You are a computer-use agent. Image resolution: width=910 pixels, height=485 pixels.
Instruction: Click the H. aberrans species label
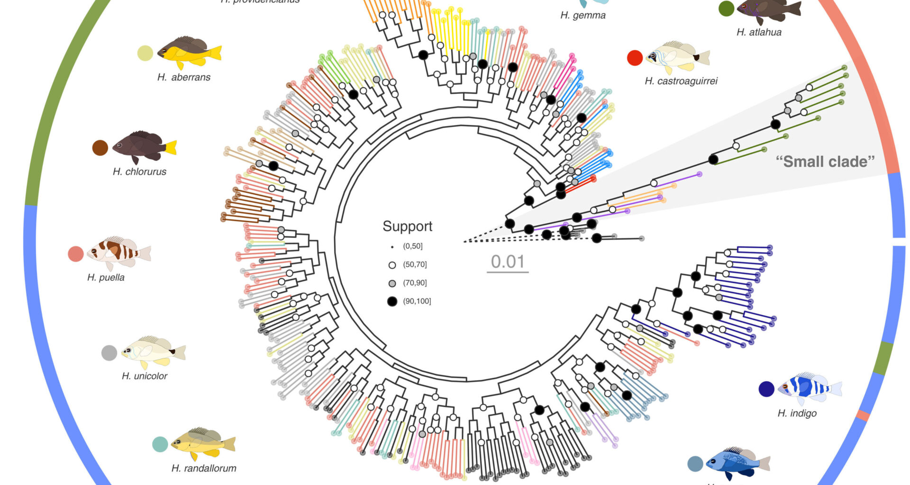[184, 77]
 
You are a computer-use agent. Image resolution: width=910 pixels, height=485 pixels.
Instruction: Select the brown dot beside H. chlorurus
[100, 148]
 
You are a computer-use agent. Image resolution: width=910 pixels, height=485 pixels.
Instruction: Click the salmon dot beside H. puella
[76, 254]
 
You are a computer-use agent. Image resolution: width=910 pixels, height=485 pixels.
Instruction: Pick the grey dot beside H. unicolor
[109, 353]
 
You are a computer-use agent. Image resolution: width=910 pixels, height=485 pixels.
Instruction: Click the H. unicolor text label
[145, 376]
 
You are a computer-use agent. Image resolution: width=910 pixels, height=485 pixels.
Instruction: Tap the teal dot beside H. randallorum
[160, 444]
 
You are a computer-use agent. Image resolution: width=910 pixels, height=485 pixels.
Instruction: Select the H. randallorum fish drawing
[203, 443]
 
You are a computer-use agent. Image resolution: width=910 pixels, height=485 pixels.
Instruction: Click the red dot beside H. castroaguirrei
[635, 58]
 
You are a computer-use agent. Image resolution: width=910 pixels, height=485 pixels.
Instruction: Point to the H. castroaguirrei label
[681, 81]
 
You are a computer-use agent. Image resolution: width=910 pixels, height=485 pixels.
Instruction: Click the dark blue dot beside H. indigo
[766, 389]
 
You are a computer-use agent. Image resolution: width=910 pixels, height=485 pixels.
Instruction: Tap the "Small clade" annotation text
[825, 162]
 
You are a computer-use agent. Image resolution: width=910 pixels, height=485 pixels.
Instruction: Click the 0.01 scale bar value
[507, 261]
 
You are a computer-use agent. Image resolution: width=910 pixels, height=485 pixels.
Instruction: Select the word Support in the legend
[408, 226]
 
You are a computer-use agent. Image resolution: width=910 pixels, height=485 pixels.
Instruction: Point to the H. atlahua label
[759, 32]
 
